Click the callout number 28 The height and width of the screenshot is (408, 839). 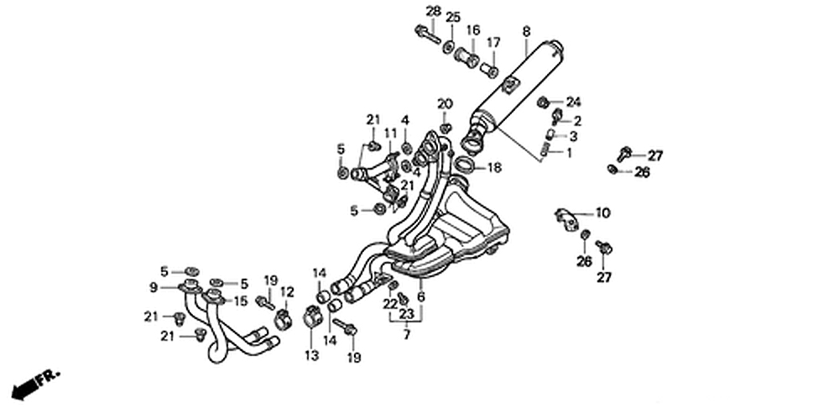[433, 11]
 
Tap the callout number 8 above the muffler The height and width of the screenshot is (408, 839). [526, 31]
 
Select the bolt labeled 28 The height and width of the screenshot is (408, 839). [428, 34]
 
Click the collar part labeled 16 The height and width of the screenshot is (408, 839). [467, 57]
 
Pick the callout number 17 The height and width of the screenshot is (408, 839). [493, 42]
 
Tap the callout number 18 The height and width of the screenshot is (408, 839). [494, 168]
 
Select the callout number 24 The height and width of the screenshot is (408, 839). [573, 102]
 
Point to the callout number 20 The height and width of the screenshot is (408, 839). [445, 104]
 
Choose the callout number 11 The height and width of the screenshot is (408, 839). [390, 133]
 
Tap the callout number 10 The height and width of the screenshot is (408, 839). [603, 212]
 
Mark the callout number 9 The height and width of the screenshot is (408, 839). [154, 287]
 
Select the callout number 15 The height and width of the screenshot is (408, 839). [240, 301]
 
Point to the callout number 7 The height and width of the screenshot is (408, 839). [406, 335]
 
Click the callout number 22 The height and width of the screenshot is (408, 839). [389, 303]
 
